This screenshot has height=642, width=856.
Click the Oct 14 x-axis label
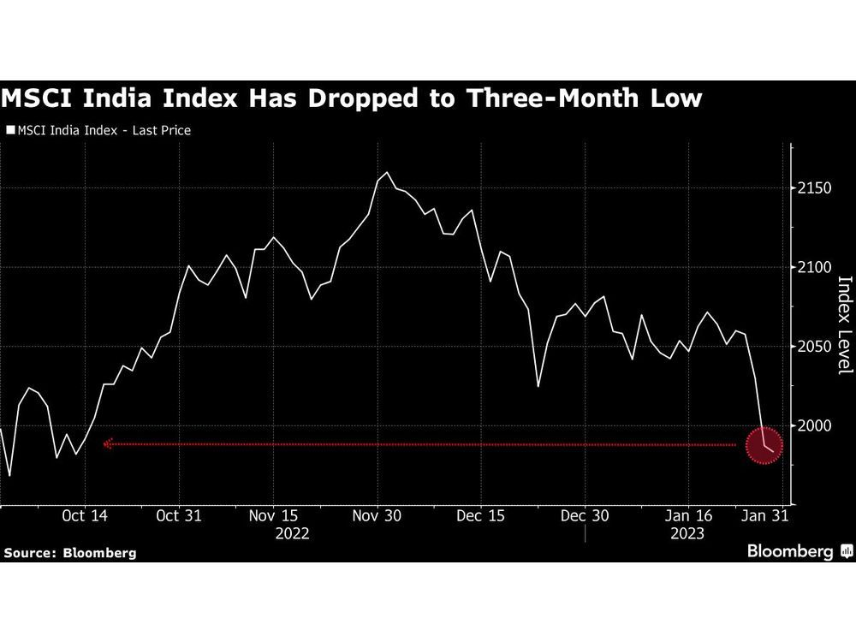pos(85,516)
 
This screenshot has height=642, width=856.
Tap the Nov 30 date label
pos(376,516)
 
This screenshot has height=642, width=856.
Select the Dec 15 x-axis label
pos(480,516)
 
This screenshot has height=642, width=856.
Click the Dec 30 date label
pos(584,516)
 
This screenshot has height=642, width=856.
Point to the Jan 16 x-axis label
pos(688,516)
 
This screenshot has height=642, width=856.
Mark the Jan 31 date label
pos(764,516)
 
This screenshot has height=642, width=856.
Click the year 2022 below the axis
pos(292,533)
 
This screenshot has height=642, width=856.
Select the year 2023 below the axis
pos(687,533)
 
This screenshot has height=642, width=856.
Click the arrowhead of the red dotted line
pos(108,444)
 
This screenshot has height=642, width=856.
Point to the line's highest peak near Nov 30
pos(387,173)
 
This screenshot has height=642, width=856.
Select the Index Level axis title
pos(844,324)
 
